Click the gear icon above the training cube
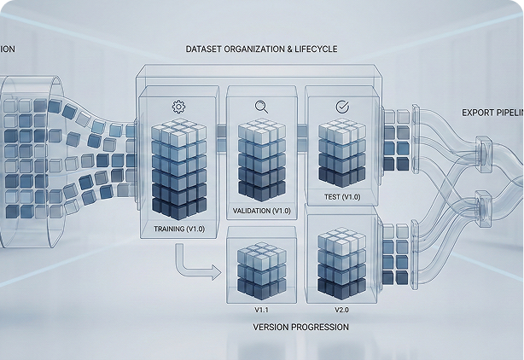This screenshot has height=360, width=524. pyautogui.click(x=178, y=107)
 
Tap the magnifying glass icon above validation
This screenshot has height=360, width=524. pyautogui.click(x=261, y=107)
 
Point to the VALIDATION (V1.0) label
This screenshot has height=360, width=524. pyautogui.click(x=262, y=210)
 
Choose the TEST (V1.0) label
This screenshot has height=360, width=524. pyautogui.click(x=342, y=197)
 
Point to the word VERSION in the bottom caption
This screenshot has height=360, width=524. pyautogui.click(x=273, y=327)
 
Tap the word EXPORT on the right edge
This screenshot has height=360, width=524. pyautogui.click(x=478, y=112)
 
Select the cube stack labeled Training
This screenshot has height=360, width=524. pyautogui.click(x=179, y=171)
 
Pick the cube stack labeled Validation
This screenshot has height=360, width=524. pyautogui.click(x=261, y=162)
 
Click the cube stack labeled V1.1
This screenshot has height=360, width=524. pyautogui.click(x=261, y=270)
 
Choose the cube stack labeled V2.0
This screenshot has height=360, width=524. pyautogui.click(x=341, y=261)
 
